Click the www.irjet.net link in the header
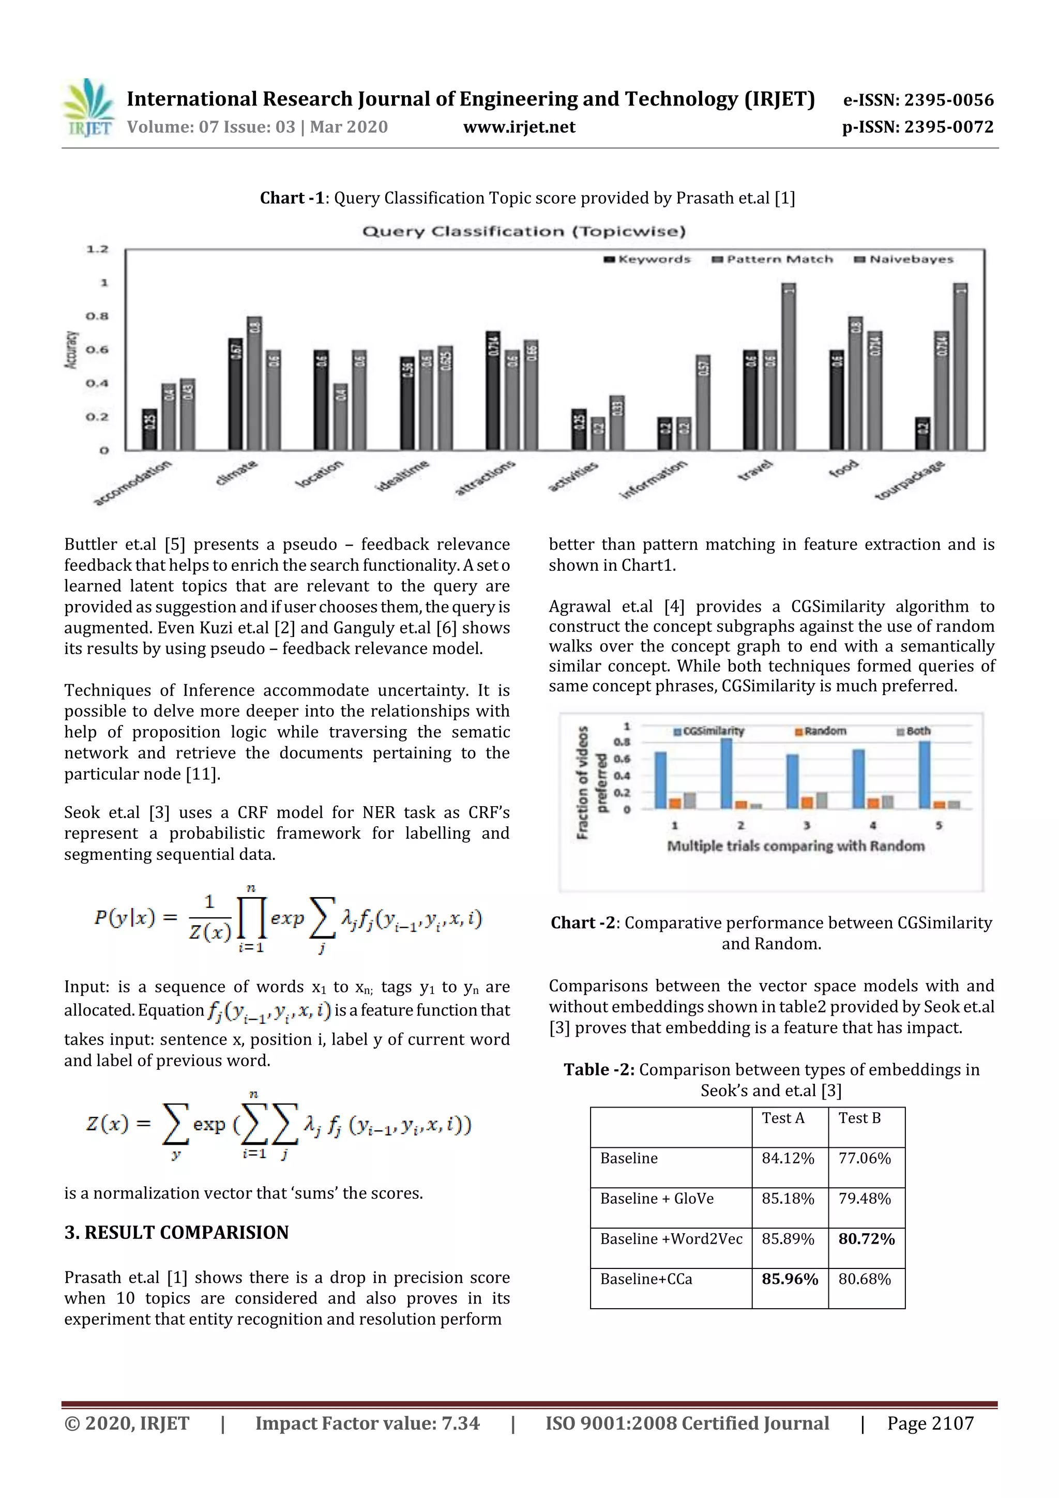[x=519, y=127]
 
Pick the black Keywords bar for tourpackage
[x=922, y=433]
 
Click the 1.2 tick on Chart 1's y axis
[x=97, y=249]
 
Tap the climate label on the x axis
[x=237, y=473]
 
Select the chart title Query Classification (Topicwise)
[x=523, y=231]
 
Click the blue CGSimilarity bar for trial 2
[x=725, y=773]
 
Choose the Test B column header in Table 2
[x=859, y=1118]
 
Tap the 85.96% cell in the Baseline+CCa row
[x=790, y=1279]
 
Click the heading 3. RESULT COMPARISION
[x=176, y=1232]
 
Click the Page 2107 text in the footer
[x=930, y=1424]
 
